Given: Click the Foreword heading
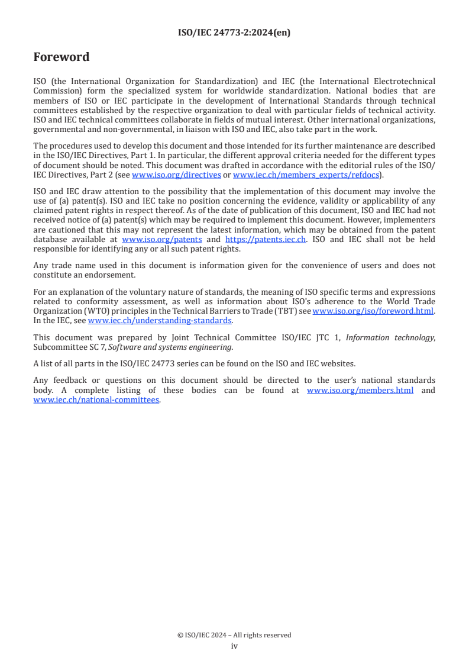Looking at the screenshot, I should pyautogui.click(x=62, y=57).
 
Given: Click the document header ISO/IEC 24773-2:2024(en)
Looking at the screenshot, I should pyautogui.click(x=234, y=33).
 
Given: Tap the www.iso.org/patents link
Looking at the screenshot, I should pyautogui.click(x=162, y=239).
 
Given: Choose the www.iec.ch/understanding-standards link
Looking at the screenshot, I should pyautogui.click(x=160, y=320).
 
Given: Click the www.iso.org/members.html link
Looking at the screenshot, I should pyautogui.click(x=360, y=391).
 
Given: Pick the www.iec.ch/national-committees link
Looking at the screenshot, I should pyautogui.click(x=96, y=399).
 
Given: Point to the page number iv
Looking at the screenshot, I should pyautogui.click(x=234, y=646).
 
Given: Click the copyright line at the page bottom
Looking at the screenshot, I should pyautogui.click(x=234, y=635).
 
